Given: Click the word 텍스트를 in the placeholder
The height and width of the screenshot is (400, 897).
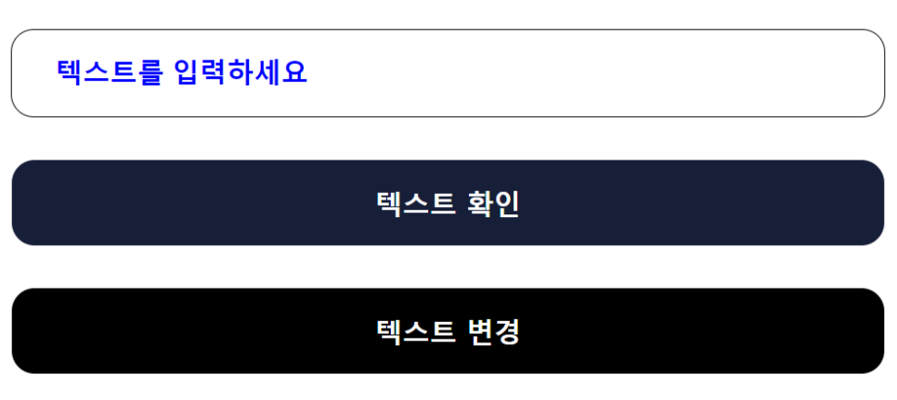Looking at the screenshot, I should [110, 72].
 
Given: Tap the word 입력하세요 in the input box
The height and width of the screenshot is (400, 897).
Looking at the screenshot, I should [240, 72].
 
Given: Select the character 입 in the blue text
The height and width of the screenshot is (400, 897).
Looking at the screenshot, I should [188, 72].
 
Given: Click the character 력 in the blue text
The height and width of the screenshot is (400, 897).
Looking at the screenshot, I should [214, 72].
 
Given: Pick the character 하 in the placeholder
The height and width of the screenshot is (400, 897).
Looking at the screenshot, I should [241, 72].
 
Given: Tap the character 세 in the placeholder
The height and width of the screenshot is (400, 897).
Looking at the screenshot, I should [268, 72].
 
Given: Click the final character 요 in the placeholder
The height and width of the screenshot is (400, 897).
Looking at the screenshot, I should [294, 72].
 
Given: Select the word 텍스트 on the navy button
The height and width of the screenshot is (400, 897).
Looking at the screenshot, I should [415, 203].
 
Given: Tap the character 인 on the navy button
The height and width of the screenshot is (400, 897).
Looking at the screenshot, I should [505, 203].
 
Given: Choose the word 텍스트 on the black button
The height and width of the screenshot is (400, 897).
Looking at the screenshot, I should [415, 331].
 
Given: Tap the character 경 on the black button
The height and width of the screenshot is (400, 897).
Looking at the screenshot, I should [505, 331].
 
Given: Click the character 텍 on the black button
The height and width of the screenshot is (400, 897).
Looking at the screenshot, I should [389, 331].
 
